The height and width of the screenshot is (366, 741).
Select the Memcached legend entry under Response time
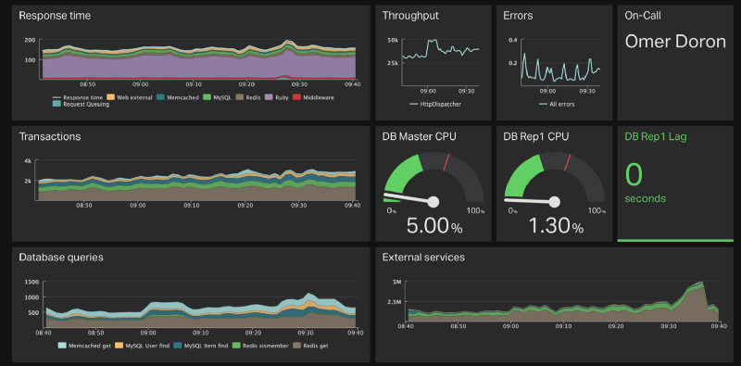171,96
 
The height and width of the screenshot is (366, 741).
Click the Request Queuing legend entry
86,104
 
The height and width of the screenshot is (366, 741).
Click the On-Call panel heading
649,16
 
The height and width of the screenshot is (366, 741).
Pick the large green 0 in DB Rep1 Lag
634,175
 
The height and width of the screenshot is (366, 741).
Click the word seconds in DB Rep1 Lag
646,198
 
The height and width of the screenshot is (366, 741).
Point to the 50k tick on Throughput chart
393,41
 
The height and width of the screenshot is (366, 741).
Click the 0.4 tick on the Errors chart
512,41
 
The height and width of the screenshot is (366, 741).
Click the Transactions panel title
50,136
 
